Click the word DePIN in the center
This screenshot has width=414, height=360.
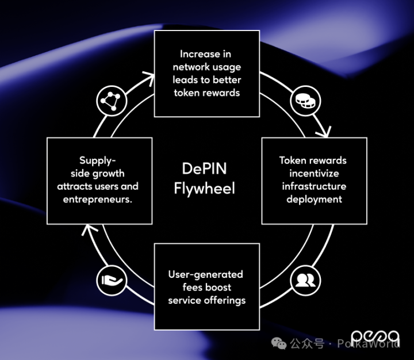[x=204, y=169]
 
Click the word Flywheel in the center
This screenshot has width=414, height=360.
[x=204, y=189]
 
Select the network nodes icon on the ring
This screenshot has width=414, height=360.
[x=109, y=101]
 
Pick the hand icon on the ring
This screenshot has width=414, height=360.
[x=109, y=279]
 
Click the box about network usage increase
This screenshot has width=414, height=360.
[x=206, y=73]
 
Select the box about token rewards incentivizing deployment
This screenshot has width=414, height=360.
[x=313, y=180]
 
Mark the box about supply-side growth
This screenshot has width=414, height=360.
[x=99, y=180]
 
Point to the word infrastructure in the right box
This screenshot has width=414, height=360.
[x=313, y=186]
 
